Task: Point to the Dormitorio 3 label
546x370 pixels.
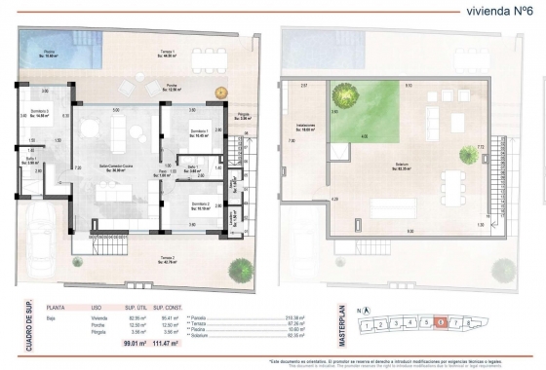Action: pyautogui.click(x=40, y=113)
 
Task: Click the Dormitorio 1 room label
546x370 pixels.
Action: pyautogui.click(x=200, y=132)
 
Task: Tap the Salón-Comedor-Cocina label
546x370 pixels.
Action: pyautogui.click(x=120, y=167)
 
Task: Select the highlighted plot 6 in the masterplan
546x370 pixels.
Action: pyautogui.click(x=442, y=321)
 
